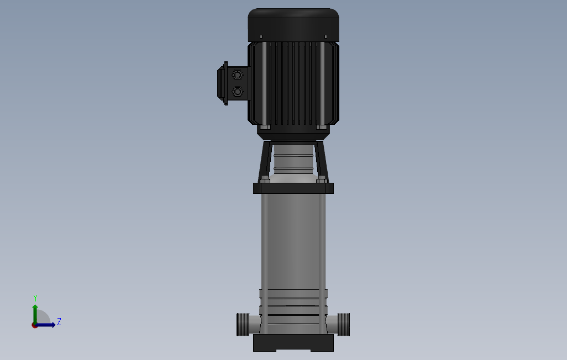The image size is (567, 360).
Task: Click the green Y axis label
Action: coord(35,298)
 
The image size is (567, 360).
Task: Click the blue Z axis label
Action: coord(59,321)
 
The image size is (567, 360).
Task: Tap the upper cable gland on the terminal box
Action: coord(237,75)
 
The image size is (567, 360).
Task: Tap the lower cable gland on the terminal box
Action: coord(237,92)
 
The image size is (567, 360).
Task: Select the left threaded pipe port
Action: coord(243,325)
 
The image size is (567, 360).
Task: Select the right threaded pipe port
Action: coord(344,325)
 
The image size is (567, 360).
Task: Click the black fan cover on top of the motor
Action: coord(293,25)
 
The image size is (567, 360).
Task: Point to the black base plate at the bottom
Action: coord(293,343)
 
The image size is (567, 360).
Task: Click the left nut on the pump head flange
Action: coord(265,179)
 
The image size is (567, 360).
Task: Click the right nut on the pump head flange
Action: coord(322,179)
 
